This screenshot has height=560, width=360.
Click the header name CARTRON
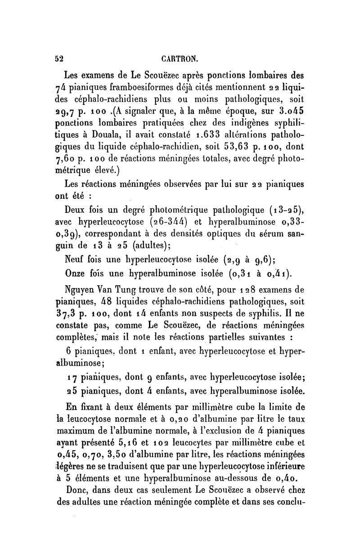pos(180,58)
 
